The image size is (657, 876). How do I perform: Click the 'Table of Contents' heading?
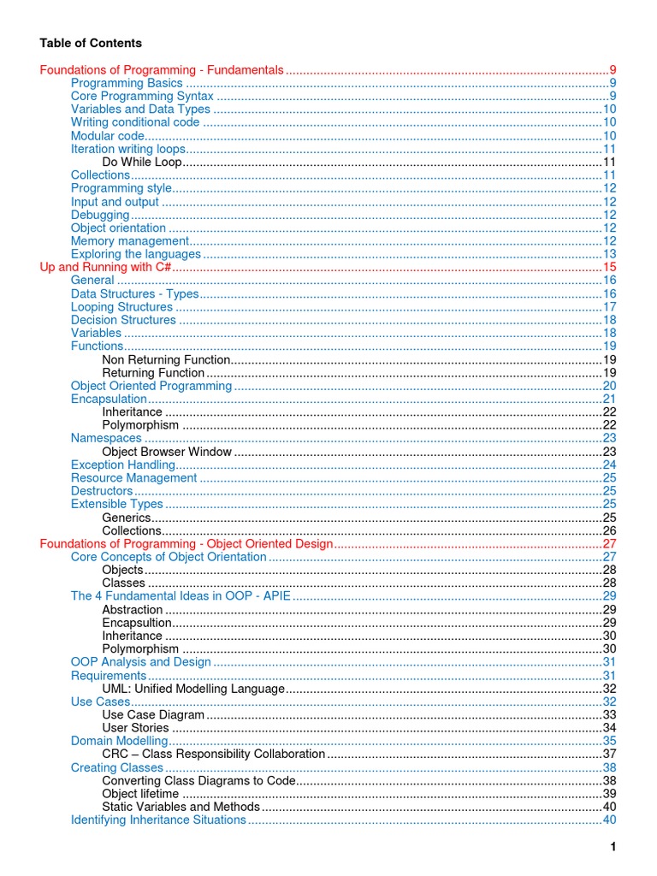(91, 43)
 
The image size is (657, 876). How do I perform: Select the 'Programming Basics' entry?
(127, 83)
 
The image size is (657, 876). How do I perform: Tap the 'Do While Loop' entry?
(142, 162)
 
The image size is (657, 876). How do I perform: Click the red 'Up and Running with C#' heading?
(107, 267)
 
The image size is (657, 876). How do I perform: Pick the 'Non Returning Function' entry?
(166, 359)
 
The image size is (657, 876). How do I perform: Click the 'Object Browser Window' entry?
(166, 452)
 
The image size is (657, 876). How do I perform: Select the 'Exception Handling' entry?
(122, 465)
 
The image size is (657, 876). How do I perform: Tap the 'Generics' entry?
(126, 518)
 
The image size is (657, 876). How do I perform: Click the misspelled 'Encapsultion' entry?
(136, 623)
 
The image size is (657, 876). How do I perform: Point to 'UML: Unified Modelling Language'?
(192, 689)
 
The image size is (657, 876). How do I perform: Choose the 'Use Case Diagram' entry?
(153, 714)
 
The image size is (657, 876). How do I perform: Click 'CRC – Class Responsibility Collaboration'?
(213, 755)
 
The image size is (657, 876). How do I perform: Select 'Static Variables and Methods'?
(181, 807)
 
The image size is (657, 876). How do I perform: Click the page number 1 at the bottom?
(613, 847)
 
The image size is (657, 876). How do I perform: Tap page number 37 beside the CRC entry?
(610, 755)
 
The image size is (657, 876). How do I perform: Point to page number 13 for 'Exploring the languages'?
(610, 254)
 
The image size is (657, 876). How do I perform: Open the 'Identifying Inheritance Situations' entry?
(158, 820)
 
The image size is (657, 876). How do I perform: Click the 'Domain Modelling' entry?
(119, 741)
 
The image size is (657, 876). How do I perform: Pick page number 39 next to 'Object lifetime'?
(610, 794)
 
